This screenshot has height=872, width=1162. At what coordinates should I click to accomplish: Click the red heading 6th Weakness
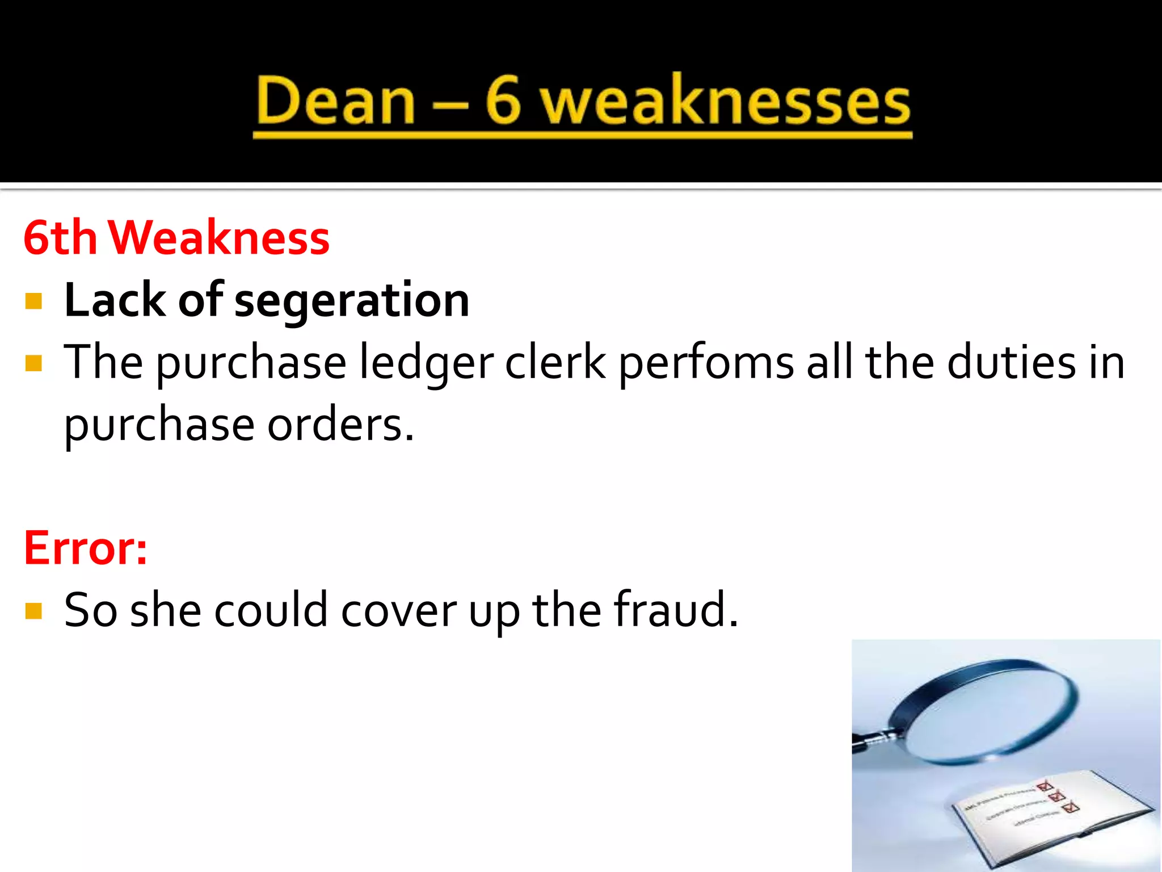(x=176, y=237)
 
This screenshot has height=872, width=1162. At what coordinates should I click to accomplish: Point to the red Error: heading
(x=86, y=548)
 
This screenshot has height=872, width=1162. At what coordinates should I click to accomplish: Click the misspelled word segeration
(x=352, y=301)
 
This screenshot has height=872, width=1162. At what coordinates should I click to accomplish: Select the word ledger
(x=427, y=363)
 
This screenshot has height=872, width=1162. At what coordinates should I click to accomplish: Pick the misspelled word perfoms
(x=706, y=363)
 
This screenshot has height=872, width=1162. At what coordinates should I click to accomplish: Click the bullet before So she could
(x=34, y=611)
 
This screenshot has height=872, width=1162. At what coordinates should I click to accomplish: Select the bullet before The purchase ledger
(x=34, y=363)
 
